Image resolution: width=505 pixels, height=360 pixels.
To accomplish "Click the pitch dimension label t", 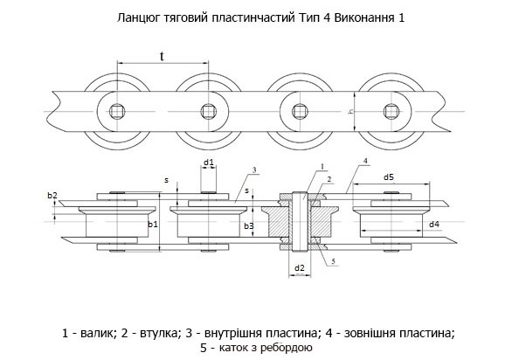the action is (162, 56).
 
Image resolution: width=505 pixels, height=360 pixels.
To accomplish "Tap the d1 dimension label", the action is (208, 162).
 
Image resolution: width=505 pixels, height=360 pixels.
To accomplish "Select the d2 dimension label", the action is (300, 267).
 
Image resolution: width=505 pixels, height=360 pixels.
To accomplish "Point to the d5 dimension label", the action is (389, 177).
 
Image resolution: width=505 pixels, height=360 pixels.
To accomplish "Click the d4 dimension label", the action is (434, 224).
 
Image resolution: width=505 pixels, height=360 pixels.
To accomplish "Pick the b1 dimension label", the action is (153, 224).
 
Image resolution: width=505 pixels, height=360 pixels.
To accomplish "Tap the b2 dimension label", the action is (52, 195).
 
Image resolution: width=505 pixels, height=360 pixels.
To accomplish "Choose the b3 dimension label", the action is (249, 226).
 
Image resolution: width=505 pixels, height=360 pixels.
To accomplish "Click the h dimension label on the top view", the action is (350, 112).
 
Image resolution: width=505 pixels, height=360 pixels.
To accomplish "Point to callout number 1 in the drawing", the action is (322, 166).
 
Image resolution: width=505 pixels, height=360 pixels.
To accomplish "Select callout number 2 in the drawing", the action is (329, 179).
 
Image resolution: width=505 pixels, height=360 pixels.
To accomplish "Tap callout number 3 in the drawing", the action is (254, 170).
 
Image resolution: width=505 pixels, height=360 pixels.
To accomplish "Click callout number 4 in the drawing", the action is (365, 161).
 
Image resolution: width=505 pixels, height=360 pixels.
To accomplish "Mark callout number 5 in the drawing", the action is (334, 261).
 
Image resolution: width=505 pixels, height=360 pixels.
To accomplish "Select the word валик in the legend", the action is (98, 333).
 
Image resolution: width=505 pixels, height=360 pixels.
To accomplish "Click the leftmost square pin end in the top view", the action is (116, 112).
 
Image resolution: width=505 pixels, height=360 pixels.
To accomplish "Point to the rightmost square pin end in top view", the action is (391, 112).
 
